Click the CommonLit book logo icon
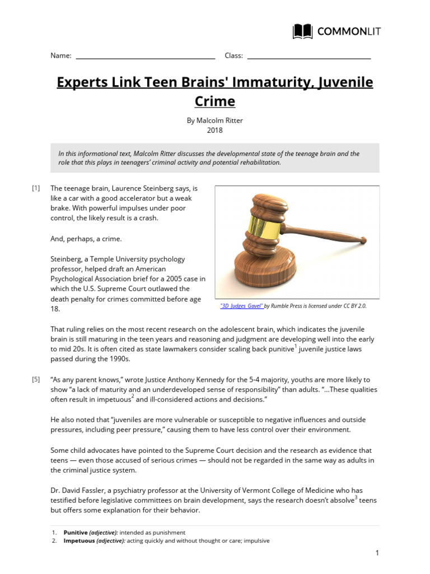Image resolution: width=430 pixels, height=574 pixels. (303, 31)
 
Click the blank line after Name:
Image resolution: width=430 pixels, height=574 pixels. (145, 57)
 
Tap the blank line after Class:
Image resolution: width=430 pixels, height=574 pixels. (309, 57)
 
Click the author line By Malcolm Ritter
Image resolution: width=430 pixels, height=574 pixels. (214, 120)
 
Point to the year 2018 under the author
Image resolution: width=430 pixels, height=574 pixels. (214, 130)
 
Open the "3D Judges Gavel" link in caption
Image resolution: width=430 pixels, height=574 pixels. (241, 306)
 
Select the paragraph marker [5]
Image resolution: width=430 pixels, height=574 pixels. (36, 379)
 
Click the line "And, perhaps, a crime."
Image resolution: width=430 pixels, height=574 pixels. (86, 239)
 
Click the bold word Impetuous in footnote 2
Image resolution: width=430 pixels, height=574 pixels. (79, 541)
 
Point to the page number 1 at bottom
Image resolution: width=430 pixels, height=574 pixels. (377, 553)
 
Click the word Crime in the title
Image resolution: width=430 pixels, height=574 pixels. (214, 101)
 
